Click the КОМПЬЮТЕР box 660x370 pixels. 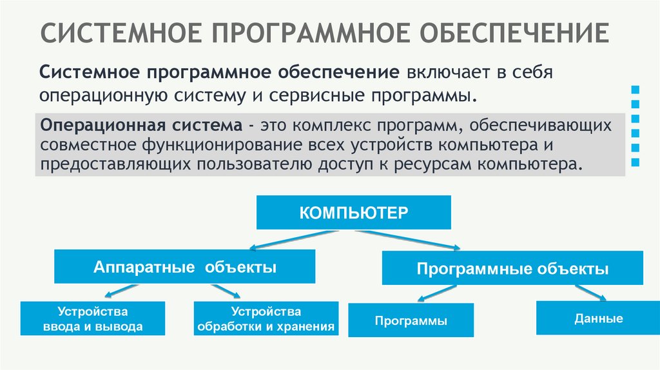click(x=353, y=213)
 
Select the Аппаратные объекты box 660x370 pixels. click(x=184, y=267)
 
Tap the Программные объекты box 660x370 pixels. click(x=512, y=268)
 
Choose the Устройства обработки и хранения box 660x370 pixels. click(x=266, y=318)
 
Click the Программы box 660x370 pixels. click(x=411, y=320)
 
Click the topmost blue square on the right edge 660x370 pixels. click(x=636, y=89)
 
